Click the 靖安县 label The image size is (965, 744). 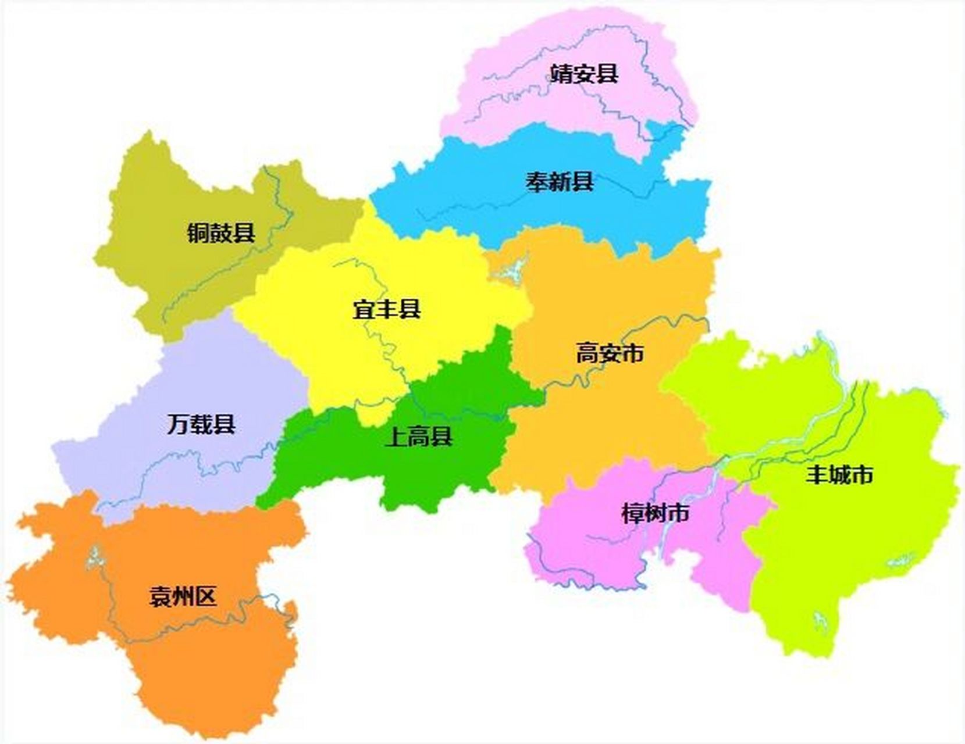coord(583,74)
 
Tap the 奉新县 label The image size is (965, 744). coord(560,182)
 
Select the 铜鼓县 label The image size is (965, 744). coord(221,233)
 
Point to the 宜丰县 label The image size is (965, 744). coord(386,309)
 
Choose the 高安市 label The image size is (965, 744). coord(610,353)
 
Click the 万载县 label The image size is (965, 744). coord(201,424)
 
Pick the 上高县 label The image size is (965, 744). coord(419,437)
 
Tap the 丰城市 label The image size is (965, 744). coord(839,475)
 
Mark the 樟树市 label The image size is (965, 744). coord(656,513)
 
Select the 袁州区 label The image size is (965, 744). coord(183,596)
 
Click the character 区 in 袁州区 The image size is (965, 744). coord(206,596)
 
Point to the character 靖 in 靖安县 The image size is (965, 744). coord(561,74)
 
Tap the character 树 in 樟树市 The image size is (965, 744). coord(656,513)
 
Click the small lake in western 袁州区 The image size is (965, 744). coord(93,558)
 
